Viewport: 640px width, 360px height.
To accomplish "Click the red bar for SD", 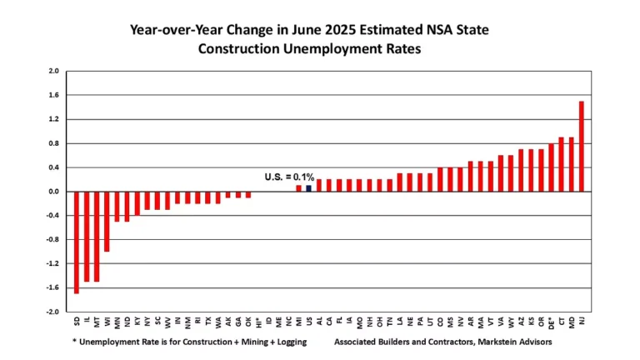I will (x=77, y=242).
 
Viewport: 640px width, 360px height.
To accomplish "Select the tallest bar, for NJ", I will (x=581, y=147).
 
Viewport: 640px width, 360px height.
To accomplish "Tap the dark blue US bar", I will (x=308, y=188).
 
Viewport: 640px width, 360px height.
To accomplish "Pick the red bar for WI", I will (x=107, y=222).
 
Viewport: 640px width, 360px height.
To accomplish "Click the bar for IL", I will (x=87, y=237).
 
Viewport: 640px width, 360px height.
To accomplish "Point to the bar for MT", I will (x=97, y=237).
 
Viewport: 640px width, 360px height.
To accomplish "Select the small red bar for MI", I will (x=298, y=188).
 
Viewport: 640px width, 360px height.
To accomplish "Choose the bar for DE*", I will (x=551, y=167).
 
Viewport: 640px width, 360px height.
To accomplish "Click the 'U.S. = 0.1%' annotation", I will (x=289, y=177).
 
